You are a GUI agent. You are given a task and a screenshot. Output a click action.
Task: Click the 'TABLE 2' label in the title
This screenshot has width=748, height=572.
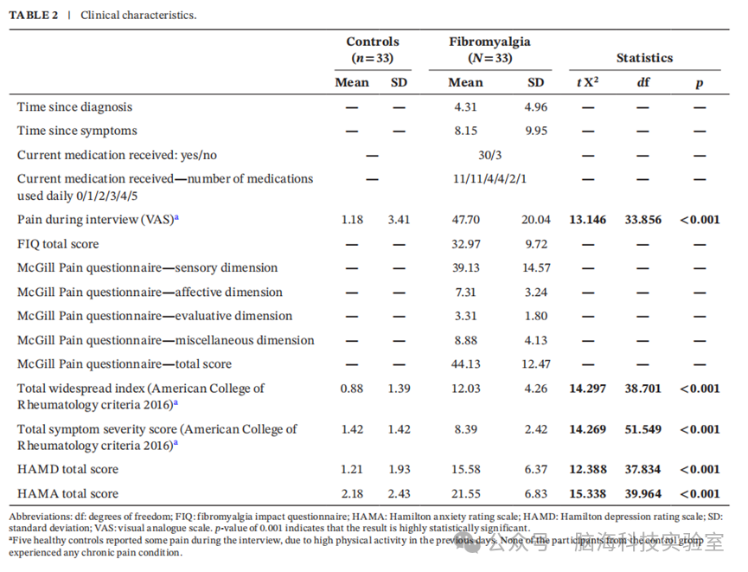34,16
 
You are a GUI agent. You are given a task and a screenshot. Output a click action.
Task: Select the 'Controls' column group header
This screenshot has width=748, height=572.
373,42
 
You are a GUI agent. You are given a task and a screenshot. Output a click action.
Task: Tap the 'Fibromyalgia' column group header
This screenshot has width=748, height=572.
489,42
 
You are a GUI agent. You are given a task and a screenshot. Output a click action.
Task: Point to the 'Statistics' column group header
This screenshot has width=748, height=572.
644,58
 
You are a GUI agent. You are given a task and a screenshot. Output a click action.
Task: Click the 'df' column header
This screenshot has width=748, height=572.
643,82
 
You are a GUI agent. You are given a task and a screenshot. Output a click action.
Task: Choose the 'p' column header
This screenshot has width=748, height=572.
700,84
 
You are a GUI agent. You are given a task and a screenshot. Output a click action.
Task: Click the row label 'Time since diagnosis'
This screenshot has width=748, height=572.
75,107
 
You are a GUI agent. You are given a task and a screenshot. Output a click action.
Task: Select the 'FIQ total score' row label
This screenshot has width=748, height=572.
58,244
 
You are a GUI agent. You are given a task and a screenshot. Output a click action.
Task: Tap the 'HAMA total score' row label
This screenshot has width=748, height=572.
67,494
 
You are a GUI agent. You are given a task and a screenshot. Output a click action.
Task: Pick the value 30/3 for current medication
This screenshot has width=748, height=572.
490,155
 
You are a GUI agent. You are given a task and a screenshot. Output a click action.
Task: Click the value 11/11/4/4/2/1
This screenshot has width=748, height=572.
490,179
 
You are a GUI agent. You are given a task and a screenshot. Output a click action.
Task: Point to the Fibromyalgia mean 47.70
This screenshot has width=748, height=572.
465,220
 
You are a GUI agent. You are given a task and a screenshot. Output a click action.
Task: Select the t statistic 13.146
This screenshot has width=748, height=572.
588,220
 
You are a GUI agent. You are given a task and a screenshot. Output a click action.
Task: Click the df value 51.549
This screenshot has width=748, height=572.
643,429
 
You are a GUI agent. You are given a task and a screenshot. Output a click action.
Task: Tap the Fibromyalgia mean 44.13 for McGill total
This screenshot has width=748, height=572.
465,364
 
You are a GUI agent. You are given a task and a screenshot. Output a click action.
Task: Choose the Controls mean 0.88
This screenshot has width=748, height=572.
352,389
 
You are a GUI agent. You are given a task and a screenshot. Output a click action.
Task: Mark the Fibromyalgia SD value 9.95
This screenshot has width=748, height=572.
536,131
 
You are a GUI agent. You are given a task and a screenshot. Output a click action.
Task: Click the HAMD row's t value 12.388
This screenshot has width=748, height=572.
588,469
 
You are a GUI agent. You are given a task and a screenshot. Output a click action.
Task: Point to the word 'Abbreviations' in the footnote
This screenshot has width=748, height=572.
40,517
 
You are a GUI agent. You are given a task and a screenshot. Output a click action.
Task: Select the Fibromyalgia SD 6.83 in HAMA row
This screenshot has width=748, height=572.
536,494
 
